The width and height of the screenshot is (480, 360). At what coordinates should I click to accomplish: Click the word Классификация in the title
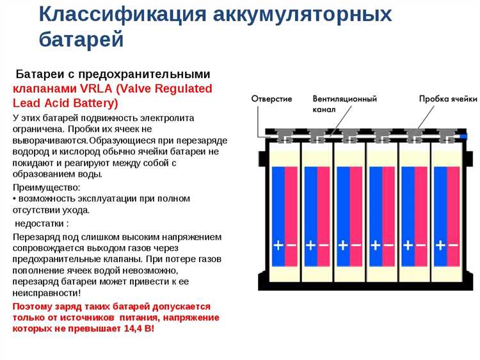106,14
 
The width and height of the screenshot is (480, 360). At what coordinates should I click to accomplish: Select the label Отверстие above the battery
271,99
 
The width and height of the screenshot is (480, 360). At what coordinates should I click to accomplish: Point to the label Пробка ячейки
448,99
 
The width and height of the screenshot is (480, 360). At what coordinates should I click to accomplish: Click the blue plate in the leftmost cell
278,205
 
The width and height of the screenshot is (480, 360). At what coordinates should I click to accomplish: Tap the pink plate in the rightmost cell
453,205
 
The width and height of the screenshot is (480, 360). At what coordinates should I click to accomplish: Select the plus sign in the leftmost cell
278,245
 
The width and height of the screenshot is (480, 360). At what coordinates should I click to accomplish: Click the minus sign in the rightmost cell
453,245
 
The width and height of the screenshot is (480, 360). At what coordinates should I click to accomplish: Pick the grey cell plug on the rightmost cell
447,135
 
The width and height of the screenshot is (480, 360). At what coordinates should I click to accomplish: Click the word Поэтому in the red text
33,306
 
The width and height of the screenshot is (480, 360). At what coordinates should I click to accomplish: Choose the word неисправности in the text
46,293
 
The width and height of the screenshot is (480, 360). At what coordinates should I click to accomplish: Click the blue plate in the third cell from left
343,205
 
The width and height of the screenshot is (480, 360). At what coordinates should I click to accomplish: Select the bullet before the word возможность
15,199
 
